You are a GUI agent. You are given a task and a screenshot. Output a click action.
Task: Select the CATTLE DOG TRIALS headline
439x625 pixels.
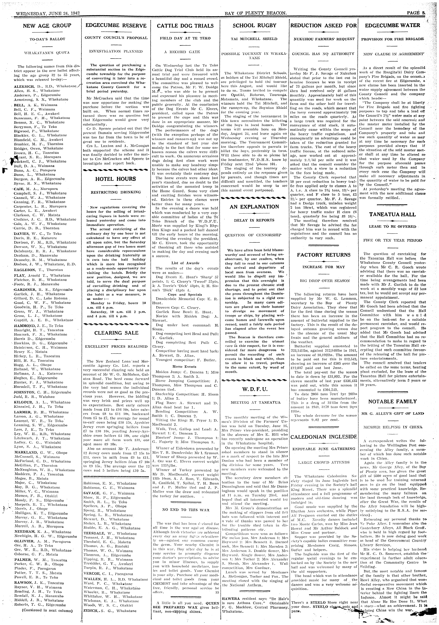tap(185, 26)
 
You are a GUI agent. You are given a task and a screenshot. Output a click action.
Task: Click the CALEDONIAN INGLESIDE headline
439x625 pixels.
tap(323, 437)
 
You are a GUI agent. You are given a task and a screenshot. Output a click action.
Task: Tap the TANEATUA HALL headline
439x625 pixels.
tap(392, 214)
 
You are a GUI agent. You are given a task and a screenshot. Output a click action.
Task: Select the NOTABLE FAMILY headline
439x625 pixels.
tap(392, 401)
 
